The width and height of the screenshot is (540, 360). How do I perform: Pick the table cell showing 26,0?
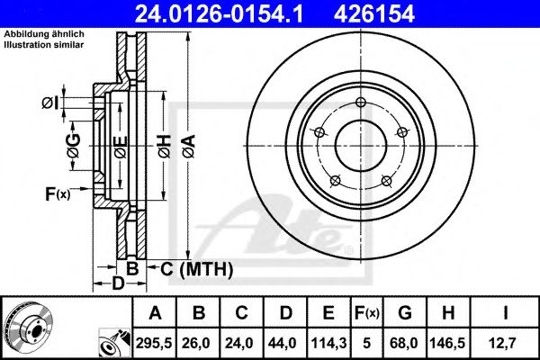(200, 343)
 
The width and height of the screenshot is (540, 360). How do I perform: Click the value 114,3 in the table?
(328, 343)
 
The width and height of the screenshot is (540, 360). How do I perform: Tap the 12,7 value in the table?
(506, 343)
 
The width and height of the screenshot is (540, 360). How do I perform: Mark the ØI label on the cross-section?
(50, 104)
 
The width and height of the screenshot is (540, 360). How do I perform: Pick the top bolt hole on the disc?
(360, 101)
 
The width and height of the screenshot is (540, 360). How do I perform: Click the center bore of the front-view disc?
(360, 143)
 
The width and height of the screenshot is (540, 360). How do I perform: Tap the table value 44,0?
(285, 343)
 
